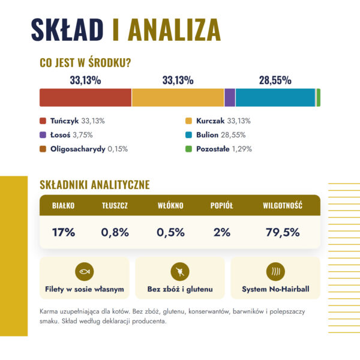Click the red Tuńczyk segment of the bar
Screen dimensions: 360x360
pos(85,98)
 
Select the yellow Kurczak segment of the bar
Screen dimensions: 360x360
pos(178,98)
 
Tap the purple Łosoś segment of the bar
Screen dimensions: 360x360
pos(230,98)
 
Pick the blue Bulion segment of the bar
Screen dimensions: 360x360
pos(275,98)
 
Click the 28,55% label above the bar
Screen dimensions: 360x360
pos(275,80)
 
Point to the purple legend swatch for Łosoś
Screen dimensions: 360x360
pos(43,135)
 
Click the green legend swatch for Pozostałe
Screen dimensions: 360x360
pos(188,149)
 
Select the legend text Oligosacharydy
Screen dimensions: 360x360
pos(78,149)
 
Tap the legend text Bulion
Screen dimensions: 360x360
pos(208,135)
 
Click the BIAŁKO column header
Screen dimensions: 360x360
pos(64,205)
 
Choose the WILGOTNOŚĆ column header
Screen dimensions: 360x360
pos(283,205)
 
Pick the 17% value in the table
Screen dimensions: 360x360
pos(64,232)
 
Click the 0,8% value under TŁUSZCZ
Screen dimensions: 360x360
pos(115,232)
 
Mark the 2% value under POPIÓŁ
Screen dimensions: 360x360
pos(222,232)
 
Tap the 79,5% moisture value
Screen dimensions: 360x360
pos(283,232)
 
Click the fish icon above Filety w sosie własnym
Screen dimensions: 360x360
pos(85,272)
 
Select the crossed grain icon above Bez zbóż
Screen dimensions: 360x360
pos(180,272)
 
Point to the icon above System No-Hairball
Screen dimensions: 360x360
pos(275,272)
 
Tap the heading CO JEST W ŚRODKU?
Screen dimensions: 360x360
pos(85,62)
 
